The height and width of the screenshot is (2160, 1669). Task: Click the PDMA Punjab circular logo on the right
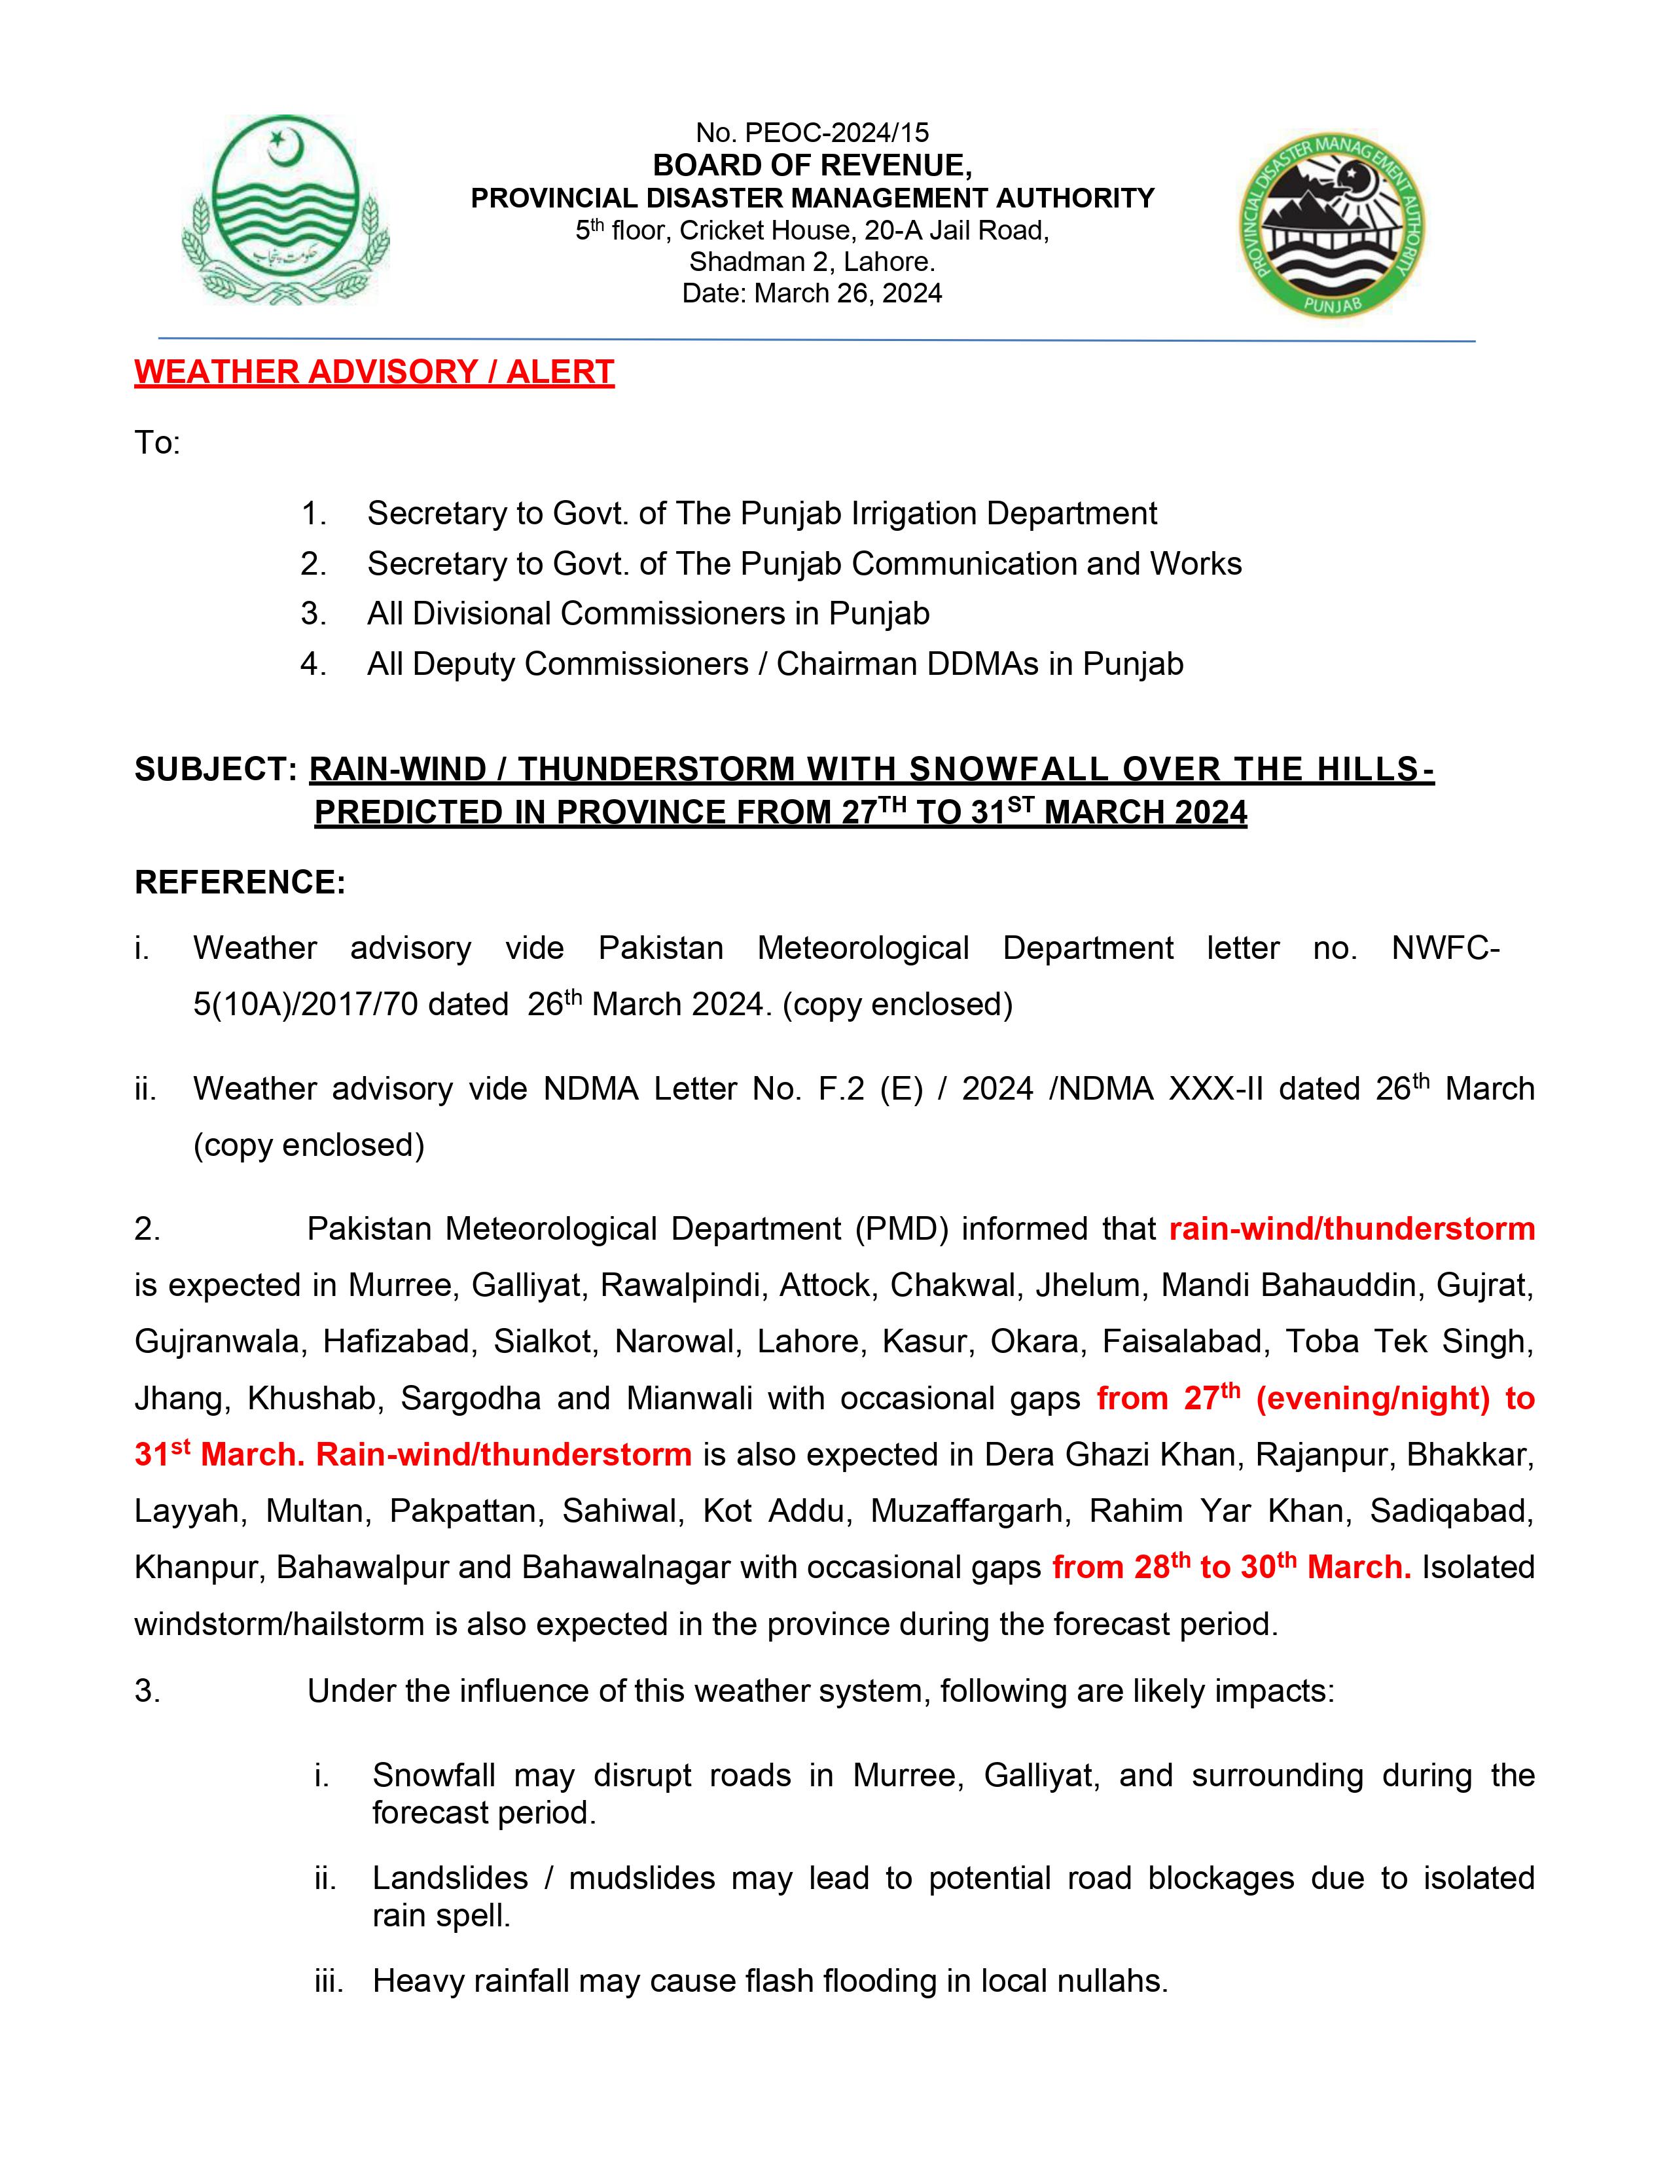1332,226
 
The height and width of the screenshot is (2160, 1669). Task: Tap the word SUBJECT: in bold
215,770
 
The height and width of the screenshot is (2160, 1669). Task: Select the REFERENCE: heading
240,881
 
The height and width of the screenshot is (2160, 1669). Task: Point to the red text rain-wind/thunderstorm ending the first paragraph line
1352,1229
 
